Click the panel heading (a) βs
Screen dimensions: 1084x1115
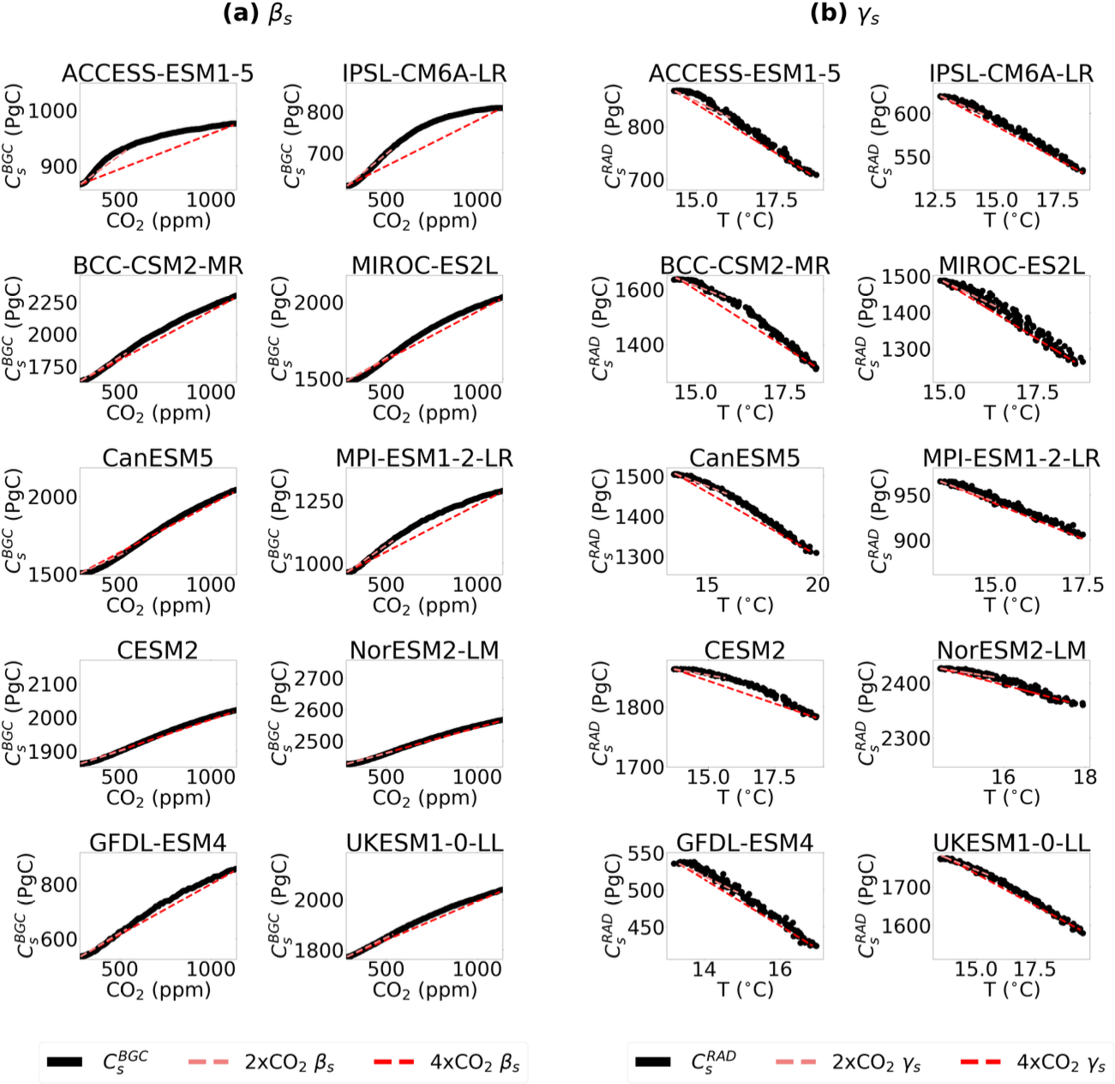(256, 15)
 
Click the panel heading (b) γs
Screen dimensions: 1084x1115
(844, 15)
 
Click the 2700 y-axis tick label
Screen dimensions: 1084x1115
(319, 678)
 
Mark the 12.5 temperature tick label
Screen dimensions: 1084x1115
(935, 201)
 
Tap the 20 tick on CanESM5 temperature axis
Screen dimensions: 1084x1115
(818, 585)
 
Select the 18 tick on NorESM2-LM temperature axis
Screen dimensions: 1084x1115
(1084, 777)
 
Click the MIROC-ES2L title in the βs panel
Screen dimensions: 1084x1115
(424, 266)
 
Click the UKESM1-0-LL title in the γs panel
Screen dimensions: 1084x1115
(1011, 843)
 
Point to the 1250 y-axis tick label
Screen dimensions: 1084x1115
(319, 501)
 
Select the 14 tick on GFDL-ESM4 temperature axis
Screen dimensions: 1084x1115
(704, 969)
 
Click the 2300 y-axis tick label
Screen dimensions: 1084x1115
(907, 738)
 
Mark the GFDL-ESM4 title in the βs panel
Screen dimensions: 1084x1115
(158, 843)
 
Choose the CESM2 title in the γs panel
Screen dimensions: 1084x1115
(745, 650)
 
